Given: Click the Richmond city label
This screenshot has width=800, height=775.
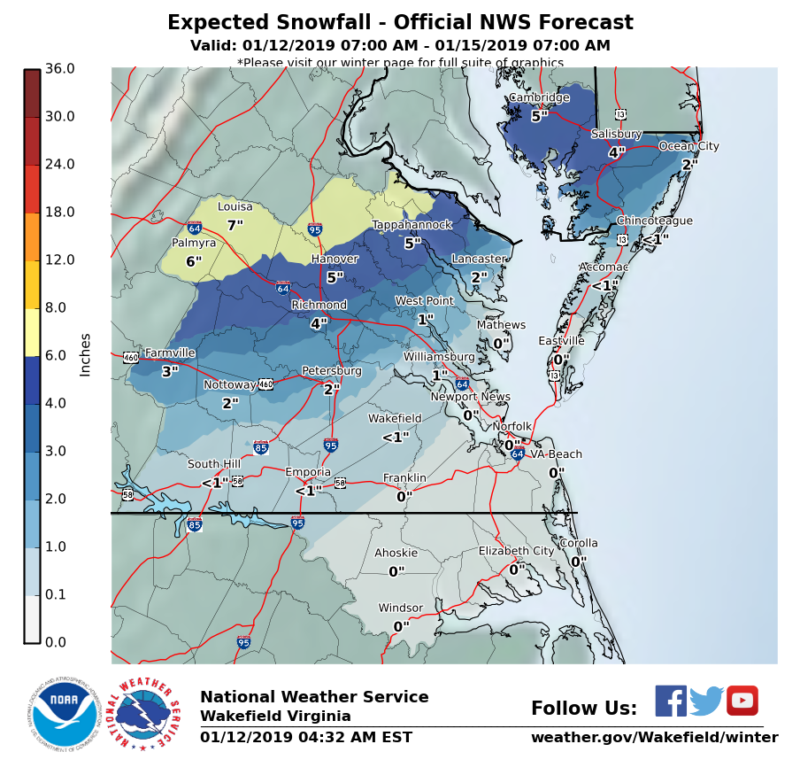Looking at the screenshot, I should pos(319,306).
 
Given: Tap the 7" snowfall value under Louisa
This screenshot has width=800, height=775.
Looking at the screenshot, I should pos(235,226).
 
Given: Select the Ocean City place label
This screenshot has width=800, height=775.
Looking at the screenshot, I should pos(688,146).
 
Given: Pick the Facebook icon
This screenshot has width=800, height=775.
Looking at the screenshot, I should pos(671,701).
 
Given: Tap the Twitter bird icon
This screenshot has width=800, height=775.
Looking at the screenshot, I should pos(706,701).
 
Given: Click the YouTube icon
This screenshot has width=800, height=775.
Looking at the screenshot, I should pos(742,701).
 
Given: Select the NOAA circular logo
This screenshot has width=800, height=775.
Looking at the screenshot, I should pos(62,713).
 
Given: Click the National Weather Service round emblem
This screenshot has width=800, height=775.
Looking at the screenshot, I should pos(144,715).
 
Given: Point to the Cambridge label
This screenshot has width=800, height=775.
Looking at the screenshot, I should pos(538,98).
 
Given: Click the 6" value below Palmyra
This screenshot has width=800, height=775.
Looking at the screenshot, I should pos(194,261).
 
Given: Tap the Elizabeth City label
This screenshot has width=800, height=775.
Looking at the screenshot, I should pos(516,551).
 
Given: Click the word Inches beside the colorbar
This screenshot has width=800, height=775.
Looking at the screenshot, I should pos(86,354).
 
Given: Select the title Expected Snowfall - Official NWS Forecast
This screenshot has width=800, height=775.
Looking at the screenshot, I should pos(400,23).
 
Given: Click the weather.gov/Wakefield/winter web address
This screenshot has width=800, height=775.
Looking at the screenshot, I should pos(654,738).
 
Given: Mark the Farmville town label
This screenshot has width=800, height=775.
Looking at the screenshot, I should pos(170,353).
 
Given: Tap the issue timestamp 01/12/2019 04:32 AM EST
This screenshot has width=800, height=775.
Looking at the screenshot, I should pos(305,738).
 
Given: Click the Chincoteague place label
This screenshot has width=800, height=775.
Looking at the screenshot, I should pos(654,221).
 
